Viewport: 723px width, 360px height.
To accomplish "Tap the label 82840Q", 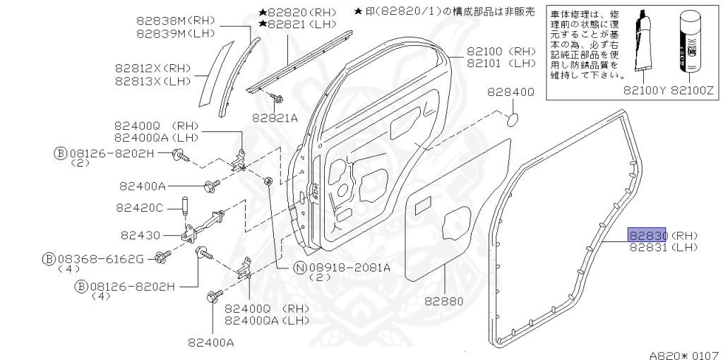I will (510, 92).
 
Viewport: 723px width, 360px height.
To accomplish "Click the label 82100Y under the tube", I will (644, 90).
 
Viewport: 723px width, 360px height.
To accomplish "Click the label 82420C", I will (141, 208).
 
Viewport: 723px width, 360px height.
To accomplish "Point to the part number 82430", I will (141, 234).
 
